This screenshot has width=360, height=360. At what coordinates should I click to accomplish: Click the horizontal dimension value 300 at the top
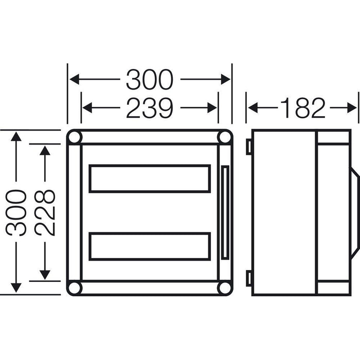point(150,80)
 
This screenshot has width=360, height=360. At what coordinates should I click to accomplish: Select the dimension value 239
point(150,108)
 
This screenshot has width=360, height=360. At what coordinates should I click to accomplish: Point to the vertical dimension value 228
point(46,212)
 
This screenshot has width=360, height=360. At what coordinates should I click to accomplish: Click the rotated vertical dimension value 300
point(17,212)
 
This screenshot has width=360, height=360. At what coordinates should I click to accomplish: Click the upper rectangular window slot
point(150,178)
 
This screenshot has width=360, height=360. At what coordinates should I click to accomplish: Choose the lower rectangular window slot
point(150,246)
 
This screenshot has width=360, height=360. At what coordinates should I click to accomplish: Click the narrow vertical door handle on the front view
point(224,212)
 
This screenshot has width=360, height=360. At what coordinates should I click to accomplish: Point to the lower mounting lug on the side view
point(248,278)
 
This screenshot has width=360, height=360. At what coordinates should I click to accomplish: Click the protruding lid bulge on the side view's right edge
point(355,212)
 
